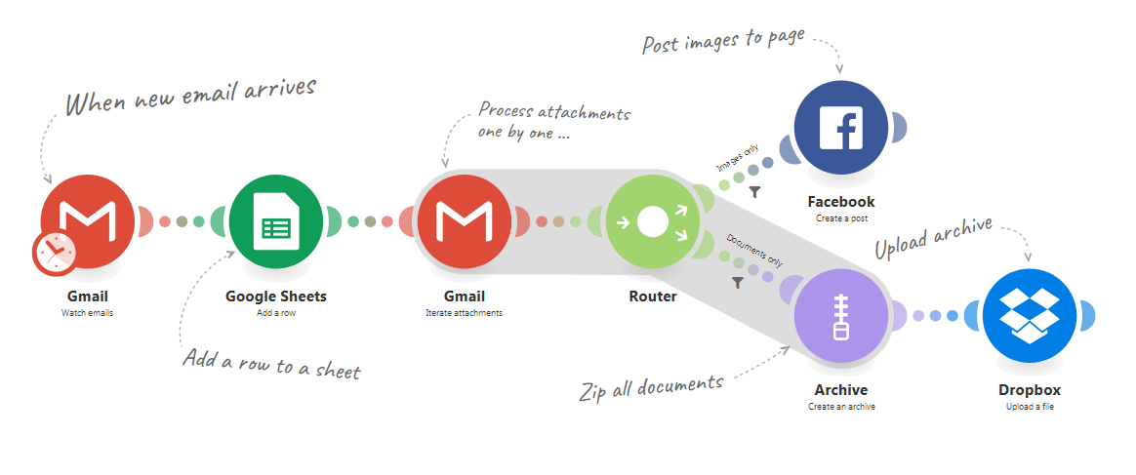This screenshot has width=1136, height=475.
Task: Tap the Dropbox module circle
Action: (x=1030, y=316)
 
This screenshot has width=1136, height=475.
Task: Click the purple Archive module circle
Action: (x=840, y=316)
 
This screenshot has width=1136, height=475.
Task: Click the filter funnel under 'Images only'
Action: (x=754, y=192)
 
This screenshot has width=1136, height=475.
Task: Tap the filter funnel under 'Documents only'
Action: (x=738, y=283)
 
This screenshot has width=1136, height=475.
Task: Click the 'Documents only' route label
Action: (x=755, y=249)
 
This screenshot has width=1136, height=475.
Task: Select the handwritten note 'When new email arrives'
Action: (x=191, y=95)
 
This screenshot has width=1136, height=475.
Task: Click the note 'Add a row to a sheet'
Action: (x=271, y=364)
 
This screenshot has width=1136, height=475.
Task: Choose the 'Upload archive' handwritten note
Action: (x=933, y=238)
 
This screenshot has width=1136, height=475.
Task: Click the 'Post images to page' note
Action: (x=723, y=41)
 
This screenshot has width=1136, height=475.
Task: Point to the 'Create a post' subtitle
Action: (x=841, y=218)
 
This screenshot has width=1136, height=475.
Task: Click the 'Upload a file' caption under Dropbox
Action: (x=1030, y=406)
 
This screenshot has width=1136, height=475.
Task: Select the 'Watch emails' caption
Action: (x=88, y=313)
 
